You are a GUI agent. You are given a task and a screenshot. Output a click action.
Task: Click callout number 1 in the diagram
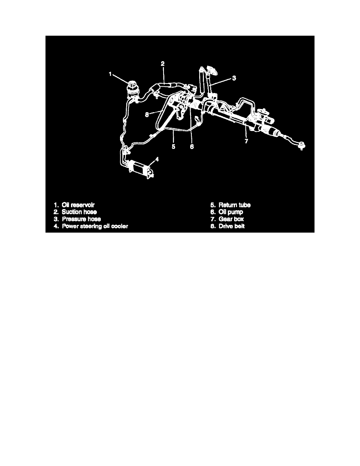tap(110, 74)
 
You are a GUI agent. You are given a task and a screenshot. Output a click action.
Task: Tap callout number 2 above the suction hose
tap(163, 64)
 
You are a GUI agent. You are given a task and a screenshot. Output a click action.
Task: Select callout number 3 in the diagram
tap(234, 78)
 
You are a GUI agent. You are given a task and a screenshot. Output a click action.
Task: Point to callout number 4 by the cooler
tap(157, 159)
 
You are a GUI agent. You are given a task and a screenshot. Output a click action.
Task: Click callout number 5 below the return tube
tap(173, 147)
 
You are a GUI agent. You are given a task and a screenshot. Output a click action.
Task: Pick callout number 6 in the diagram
tap(192, 147)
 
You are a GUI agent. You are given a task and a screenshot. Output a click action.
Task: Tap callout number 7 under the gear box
tap(246, 141)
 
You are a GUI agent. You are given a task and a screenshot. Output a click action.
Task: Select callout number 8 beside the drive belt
tap(147, 115)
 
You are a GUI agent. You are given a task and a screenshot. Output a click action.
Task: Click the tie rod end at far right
tap(302, 146)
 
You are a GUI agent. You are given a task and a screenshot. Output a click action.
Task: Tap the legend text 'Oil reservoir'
tap(78, 205)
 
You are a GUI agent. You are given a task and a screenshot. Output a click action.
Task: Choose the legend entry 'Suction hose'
tap(79, 212)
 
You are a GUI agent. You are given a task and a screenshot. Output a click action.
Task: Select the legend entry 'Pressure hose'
tap(82, 219)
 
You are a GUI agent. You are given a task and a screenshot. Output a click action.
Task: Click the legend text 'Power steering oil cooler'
tap(95, 226)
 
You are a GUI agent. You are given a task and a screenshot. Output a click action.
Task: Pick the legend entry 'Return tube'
tap(235, 205)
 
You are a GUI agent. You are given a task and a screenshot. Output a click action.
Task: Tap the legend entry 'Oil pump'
tap(231, 212)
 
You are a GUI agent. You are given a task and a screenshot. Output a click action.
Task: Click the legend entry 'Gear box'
tap(231, 219)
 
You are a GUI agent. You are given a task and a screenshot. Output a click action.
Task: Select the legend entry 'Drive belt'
tap(232, 226)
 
